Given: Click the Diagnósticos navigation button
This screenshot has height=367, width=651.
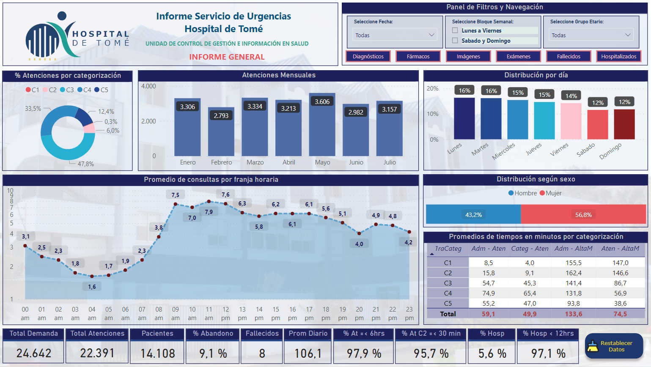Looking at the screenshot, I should point(368,56).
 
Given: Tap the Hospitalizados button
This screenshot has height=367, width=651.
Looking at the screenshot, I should point(618,56).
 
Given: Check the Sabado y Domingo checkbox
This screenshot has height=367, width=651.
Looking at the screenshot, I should point(455,41).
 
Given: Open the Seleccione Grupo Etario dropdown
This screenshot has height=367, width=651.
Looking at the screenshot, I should point(591,35).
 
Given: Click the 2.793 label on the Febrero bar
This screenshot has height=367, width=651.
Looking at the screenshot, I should point(221,115).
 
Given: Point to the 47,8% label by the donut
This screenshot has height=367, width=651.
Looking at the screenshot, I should point(85,164).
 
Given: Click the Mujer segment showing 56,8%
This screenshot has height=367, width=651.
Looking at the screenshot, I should point(583,215).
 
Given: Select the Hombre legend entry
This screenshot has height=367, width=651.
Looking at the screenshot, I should point(523,193).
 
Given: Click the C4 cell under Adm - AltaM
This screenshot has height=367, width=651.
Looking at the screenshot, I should point(574,293).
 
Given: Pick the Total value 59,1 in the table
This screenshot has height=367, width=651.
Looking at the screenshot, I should point(488,314).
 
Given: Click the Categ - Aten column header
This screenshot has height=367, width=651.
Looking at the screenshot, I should point(530,249).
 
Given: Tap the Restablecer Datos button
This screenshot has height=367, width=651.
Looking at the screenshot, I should point(614,346).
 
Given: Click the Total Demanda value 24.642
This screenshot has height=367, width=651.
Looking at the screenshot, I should point(34,353).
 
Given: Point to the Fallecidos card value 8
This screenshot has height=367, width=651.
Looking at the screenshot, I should point(262,353).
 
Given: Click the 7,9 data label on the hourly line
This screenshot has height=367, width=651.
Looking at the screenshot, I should point(209,212).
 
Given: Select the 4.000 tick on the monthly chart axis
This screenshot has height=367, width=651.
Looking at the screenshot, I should point(148,86).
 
